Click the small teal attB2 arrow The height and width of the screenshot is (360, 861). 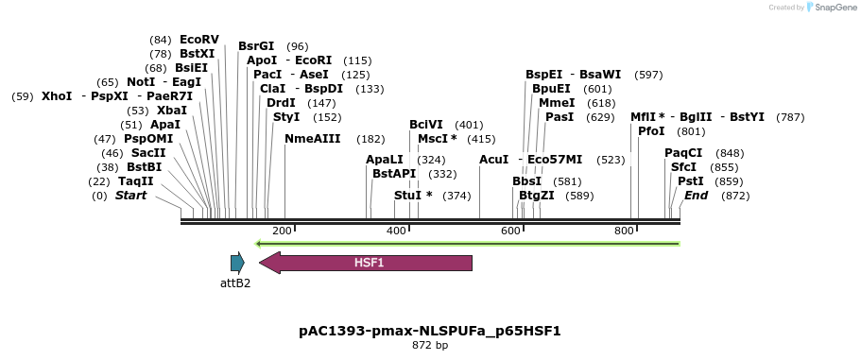[237, 264]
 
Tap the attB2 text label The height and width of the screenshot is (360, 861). [235, 283]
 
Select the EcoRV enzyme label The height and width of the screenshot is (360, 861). [198, 40]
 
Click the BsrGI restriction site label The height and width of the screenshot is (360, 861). [256, 45]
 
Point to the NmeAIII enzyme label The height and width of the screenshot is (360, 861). [312, 138]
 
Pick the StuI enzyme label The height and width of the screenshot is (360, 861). [407, 196]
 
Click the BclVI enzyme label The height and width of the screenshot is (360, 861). [425, 125]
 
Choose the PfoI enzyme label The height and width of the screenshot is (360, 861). [651, 131]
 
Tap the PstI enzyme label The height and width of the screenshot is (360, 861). [691, 180]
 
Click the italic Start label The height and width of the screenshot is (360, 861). [131, 196]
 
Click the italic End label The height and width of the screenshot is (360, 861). [696, 196]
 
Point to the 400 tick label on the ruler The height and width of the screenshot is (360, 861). [396, 231]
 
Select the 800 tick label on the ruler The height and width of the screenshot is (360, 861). [624, 231]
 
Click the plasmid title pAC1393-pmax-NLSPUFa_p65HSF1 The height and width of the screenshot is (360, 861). [430, 331]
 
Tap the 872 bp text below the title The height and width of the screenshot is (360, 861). [430, 346]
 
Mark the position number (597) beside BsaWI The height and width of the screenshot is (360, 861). [648, 75]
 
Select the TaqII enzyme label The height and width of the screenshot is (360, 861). [135, 181]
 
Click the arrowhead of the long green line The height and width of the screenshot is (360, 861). [262, 243]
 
